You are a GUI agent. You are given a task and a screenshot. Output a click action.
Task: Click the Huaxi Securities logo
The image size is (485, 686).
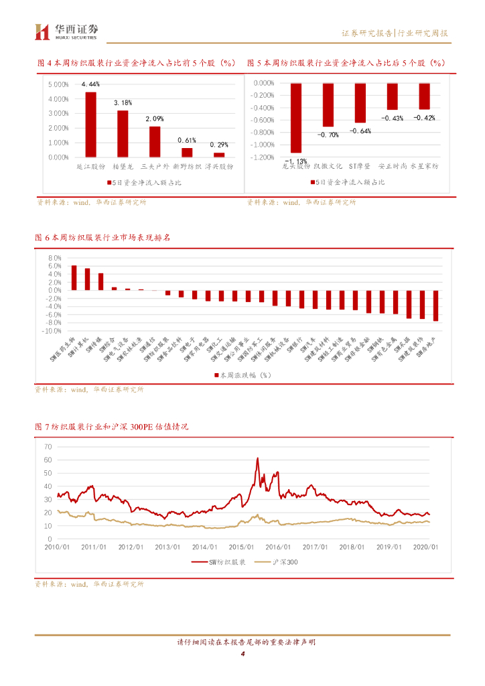[x=66, y=31]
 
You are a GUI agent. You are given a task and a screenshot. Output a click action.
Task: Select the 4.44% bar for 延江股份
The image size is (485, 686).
[x=90, y=124]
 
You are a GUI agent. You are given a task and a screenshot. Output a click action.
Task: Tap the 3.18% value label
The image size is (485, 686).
[x=123, y=102]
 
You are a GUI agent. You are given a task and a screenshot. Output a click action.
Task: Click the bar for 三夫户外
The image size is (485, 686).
[x=155, y=141]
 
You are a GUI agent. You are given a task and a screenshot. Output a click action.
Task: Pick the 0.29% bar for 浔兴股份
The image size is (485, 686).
[x=219, y=155]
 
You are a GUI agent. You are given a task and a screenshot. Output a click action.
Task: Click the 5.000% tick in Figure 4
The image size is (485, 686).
[x=59, y=84]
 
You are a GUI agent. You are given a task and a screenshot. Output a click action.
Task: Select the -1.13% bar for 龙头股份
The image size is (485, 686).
[x=295, y=118]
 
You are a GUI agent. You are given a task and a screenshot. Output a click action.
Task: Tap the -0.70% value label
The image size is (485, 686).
[x=328, y=135]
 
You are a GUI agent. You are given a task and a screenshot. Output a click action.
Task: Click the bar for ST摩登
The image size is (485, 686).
[x=360, y=103]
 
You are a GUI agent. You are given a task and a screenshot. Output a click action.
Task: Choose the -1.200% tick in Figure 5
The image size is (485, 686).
[x=263, y=157]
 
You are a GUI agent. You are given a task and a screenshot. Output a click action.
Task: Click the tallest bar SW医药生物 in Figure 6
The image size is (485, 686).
[x=74, y=277]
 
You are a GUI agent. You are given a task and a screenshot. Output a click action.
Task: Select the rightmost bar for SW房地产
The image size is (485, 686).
[x=435, y=305]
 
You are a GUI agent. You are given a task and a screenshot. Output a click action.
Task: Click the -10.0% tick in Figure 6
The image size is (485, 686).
[x=52, y=331]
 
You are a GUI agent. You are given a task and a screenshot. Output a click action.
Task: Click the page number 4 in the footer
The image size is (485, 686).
[x=242, y=655]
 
